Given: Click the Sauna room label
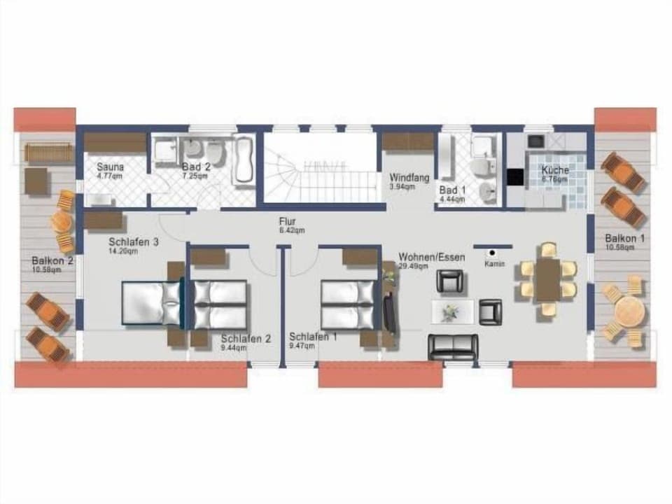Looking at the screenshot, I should coord(111,167).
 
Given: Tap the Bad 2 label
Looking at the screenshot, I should coord(196,167).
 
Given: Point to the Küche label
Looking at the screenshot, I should coord(555,170).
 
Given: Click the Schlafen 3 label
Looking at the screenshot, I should coord(134,243).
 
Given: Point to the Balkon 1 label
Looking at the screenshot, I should coord(625,238).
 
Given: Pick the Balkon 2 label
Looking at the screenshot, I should coord(52,261).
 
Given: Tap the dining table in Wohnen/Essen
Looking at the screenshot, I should coord(548,279).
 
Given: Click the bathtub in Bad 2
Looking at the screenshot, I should coord(243,161).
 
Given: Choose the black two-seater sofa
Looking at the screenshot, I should coord(453,346).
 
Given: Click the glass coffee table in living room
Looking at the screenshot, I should coord(451,311).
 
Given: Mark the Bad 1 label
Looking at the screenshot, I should coord(451,190).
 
